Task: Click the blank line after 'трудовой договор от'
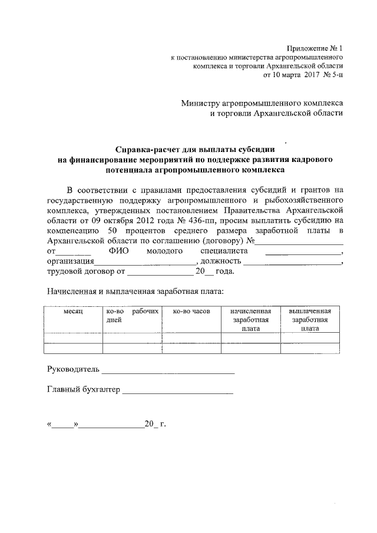pos(160,274)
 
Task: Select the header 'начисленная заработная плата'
pos(251,320)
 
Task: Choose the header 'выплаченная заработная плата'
pos(310,320)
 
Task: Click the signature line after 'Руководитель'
pos(168,373)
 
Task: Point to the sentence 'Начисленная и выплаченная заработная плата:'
pos(135,291)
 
